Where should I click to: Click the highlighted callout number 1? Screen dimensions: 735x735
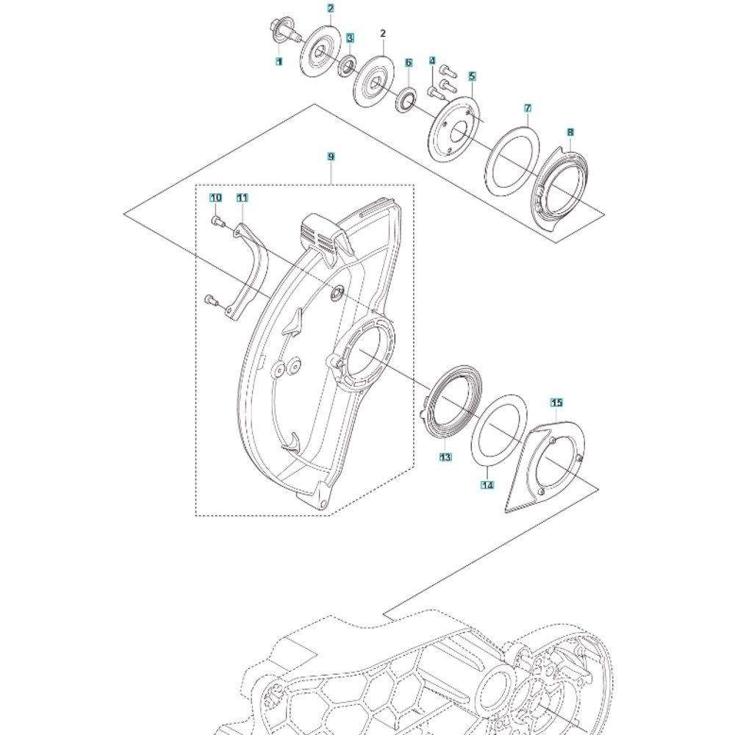click(279, 62)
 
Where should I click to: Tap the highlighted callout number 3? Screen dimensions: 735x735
click(350, 37)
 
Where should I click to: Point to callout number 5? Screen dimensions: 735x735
click(472, 76)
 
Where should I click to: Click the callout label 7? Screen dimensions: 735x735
click(527, 108)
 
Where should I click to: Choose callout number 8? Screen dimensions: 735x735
click(570, 132)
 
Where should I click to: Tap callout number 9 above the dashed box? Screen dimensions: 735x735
click(331, 157)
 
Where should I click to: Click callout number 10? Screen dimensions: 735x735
click(215, 198)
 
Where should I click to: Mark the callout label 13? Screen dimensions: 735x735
click(445, 456)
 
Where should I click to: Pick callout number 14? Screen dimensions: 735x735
click(487, 485)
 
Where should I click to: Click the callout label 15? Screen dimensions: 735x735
click(556, 402)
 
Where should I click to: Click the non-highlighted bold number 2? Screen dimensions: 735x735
click(383, 34)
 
